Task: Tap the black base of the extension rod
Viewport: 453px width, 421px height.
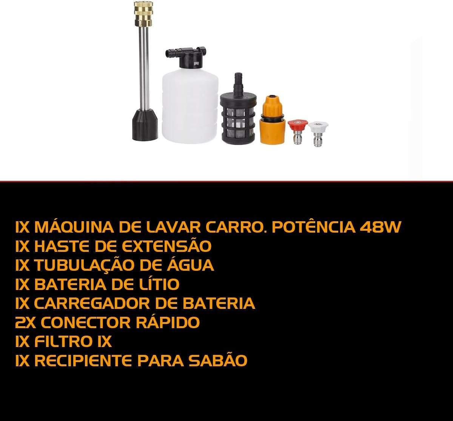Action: point(145,125)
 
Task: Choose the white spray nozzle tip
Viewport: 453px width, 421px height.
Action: point(318,134)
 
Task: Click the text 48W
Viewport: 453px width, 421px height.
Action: point(380,227)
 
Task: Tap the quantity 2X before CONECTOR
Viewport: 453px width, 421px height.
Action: point(25,322)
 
